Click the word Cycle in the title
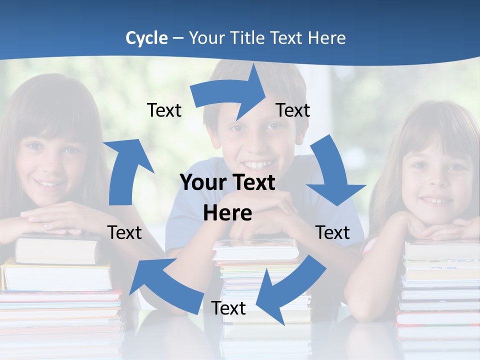pos(146,38)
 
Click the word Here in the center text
pos(227,213)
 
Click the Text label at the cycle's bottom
pos(228,308)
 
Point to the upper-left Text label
pos(164,110)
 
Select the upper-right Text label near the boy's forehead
pos(293,110)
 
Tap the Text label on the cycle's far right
pos(332,232)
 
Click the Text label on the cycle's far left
pos(124,232)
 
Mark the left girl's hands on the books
pos(55,220)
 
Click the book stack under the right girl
pos(437,285)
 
